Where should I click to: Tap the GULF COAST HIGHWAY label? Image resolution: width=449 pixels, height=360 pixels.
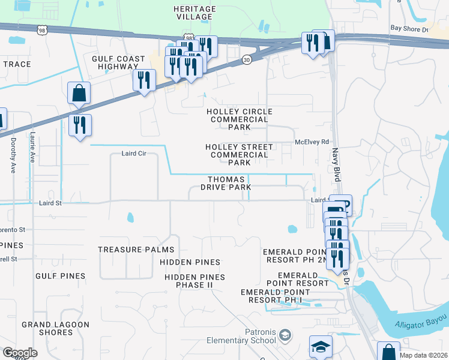[x=118, y=63]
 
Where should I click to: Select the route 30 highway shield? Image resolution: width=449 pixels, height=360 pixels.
[x=247, y=59]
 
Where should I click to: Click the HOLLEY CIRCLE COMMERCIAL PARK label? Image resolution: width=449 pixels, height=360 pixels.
[x=239, y=119]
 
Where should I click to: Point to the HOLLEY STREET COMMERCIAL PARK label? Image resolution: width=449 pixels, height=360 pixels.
[x=239, y=155]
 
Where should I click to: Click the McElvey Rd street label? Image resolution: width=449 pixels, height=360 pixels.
[x=312, y=142]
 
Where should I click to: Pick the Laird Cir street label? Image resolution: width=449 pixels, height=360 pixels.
[x=134, y=154]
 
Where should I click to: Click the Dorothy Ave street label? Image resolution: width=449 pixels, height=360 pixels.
[x=13, y=155]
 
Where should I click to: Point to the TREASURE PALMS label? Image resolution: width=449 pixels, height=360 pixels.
[x=136, y=250]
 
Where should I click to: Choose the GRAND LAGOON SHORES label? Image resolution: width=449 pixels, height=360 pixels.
[x=55, y=328]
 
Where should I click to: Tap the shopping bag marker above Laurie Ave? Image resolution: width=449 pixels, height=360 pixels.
[x=79, y=93]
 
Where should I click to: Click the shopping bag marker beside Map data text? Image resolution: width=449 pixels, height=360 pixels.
[x=388, y=352]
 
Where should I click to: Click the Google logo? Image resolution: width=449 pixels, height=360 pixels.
[x=20, y=353]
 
